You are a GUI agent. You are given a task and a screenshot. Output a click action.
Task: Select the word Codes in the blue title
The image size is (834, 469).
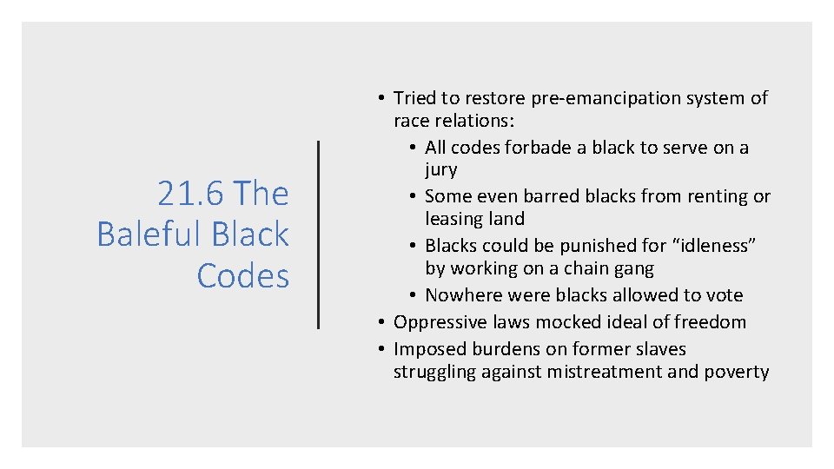point(242,275)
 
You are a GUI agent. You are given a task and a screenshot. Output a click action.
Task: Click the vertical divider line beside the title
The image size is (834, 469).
point(319,234)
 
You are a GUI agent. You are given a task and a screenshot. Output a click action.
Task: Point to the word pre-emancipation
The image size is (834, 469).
point(588,98)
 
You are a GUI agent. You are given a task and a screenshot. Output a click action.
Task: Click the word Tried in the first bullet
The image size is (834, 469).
point(415,98)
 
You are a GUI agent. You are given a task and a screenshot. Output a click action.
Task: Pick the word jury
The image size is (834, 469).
point(441,170)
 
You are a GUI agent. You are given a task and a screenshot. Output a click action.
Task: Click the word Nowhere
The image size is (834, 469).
point(461,295)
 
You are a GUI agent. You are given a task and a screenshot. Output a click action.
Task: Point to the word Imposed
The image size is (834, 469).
point(430,349)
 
